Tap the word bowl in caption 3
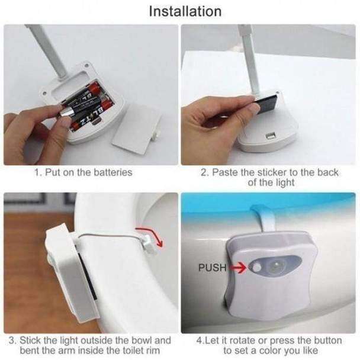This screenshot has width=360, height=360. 140,340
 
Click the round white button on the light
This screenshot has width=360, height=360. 257,268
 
